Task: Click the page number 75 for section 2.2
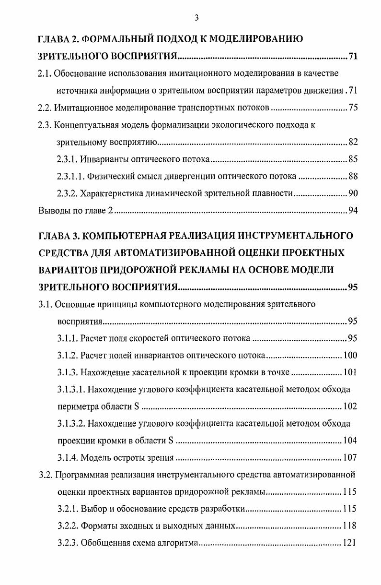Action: (x=353, y=108)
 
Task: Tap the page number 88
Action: (x=353, y=176)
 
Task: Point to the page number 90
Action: (x=353, y=193)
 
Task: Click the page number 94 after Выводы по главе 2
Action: (x=353, y=211)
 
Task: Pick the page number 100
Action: (x=350, y=356)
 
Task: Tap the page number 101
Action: (x=350, y=372)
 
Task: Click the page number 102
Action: (x=350, y=406)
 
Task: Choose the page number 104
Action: (x=350, y=441)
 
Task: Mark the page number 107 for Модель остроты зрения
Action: (x=350, y=458)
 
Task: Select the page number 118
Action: (x=350, y=526)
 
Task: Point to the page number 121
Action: (x=350, y=543)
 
